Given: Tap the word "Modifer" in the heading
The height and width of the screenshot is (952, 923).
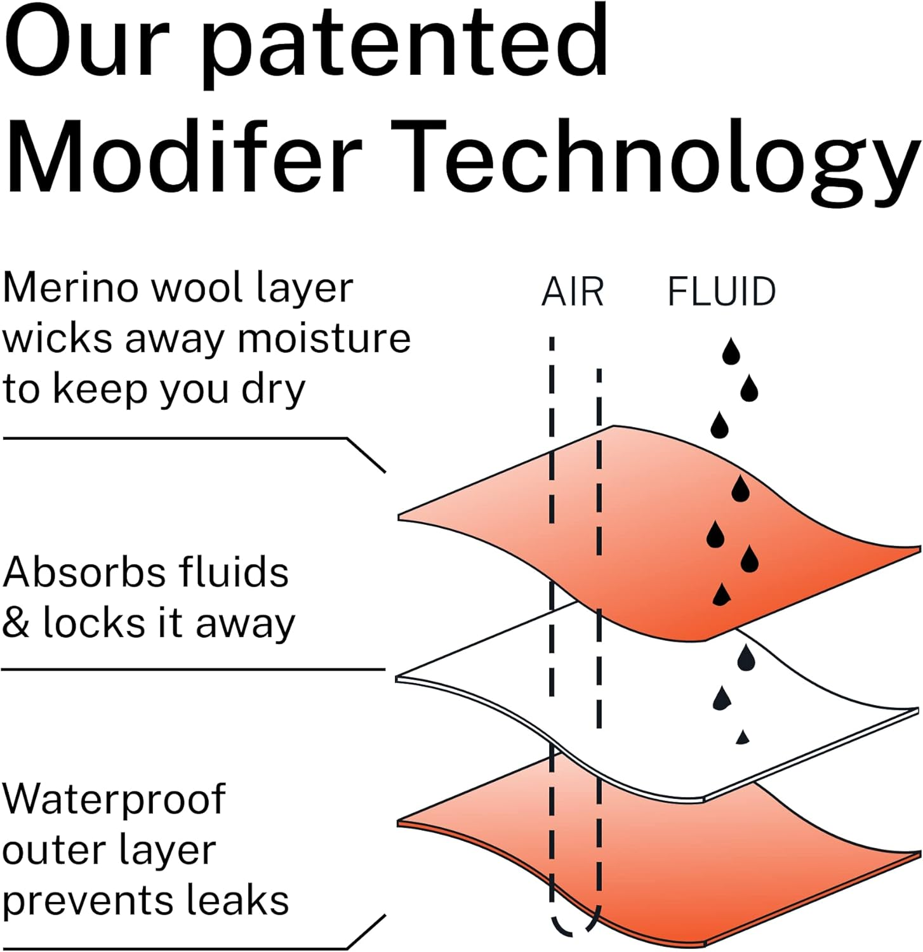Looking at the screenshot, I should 184,157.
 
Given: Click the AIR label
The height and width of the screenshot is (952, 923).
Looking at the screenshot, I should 572,293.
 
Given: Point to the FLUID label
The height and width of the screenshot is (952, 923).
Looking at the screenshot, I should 722,293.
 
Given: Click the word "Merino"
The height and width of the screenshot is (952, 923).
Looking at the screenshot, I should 71,288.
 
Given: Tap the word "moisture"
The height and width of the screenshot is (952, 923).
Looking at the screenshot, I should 324,338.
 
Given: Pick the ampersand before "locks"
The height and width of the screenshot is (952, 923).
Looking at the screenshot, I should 16,623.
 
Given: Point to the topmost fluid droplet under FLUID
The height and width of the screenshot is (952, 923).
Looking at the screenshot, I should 731,352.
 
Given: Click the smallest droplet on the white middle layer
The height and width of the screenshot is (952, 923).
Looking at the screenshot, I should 742,737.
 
